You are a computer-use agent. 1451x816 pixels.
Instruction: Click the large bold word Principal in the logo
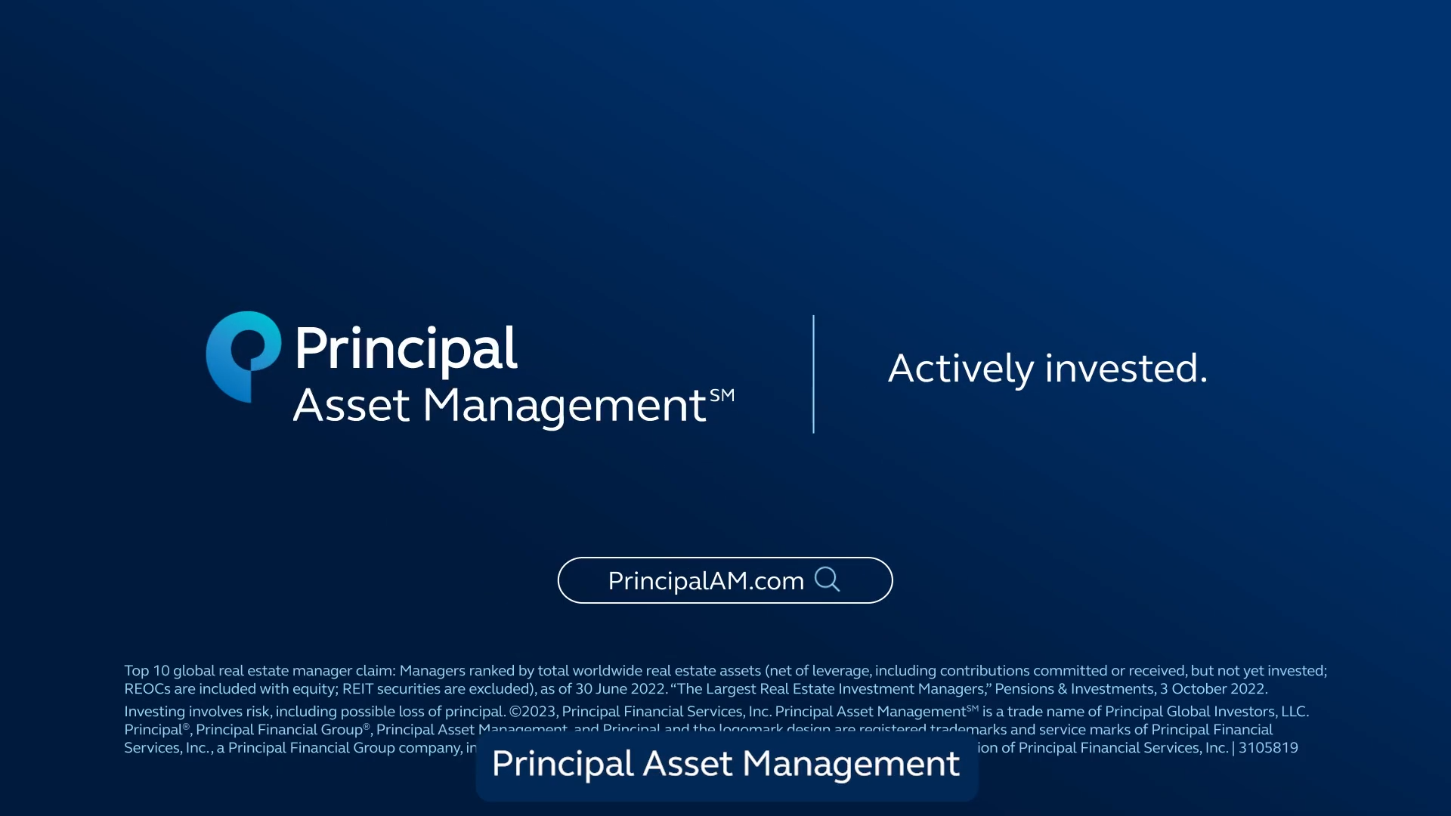click(x=405, y=349)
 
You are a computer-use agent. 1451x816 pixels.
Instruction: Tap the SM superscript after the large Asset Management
click(x=722, y=395)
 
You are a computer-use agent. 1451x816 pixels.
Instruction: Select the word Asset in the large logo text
click(x=351, y=406)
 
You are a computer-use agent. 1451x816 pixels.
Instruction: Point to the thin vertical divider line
click(x=813, y=374)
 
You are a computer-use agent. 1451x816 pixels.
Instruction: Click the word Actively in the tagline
click(x=960, y=369)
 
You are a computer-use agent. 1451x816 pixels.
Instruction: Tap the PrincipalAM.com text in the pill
click(x=705, y=581)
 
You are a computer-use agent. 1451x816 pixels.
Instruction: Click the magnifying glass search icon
click(x=827, y=580)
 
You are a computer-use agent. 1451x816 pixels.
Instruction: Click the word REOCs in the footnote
click(x=147, y=689)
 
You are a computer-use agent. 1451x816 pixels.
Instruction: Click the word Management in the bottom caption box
click(x=851, y=764)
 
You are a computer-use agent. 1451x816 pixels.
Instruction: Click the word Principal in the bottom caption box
click(x=562, y=764)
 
